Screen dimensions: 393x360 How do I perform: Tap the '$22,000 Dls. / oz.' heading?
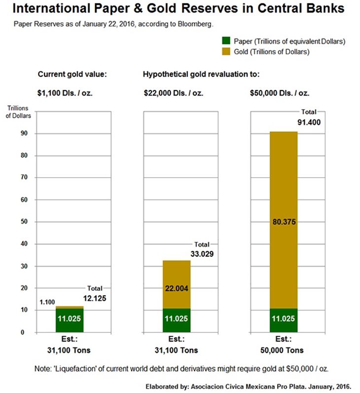[173, 92]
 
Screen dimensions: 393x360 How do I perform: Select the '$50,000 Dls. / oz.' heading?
[281, 92]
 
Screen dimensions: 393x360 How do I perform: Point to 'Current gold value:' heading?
[72, 75]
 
